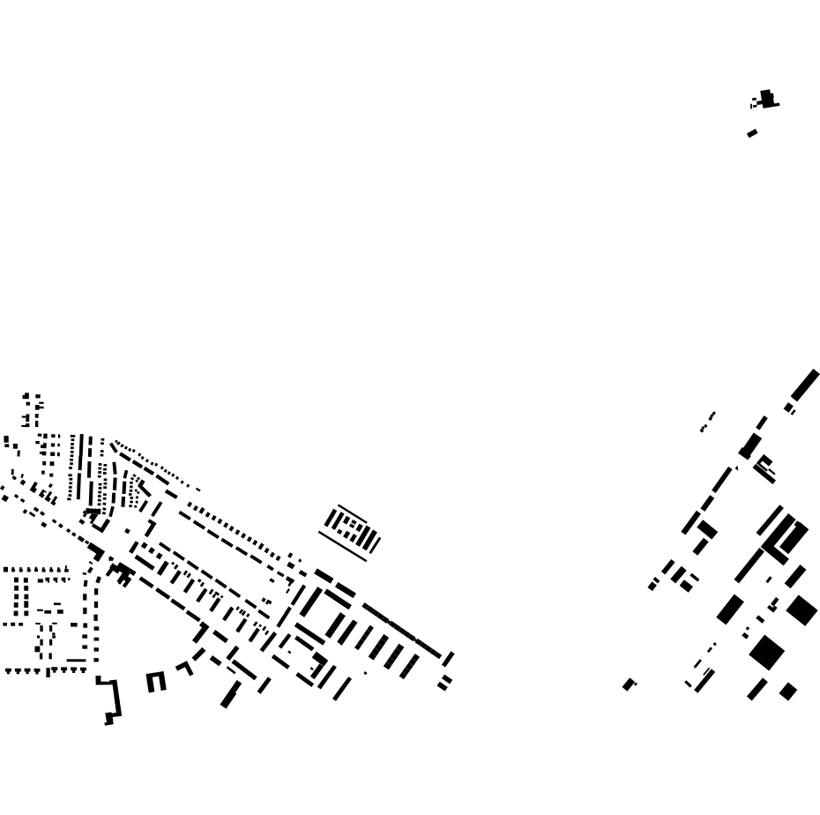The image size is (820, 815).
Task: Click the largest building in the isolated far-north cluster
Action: tap(767, 98)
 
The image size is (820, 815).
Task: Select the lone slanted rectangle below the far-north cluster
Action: tap(752, 133)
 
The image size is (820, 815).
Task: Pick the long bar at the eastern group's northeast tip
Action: tap(805, 385)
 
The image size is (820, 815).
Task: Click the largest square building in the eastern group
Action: tap(766, 653)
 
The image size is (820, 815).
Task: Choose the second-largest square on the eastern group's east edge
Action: tap(801, 610)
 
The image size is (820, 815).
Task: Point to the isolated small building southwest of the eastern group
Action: tap(629, 684)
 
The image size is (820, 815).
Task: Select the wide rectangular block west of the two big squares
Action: tap(730, 609)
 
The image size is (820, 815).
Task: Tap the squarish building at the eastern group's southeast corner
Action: tap(788, 692)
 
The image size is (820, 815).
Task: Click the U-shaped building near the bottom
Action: tap(156, 682)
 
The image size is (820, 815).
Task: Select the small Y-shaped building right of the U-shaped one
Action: tap(185, 669)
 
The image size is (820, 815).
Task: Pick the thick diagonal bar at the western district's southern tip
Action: tap(230, 694)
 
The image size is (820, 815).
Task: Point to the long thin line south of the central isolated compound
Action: tap(342, 546)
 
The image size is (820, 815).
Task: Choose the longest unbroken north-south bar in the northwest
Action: tap(80, 467)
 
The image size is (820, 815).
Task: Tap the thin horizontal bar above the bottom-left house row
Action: tap(77, 660)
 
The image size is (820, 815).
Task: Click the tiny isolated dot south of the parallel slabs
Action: tap(365, 673)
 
